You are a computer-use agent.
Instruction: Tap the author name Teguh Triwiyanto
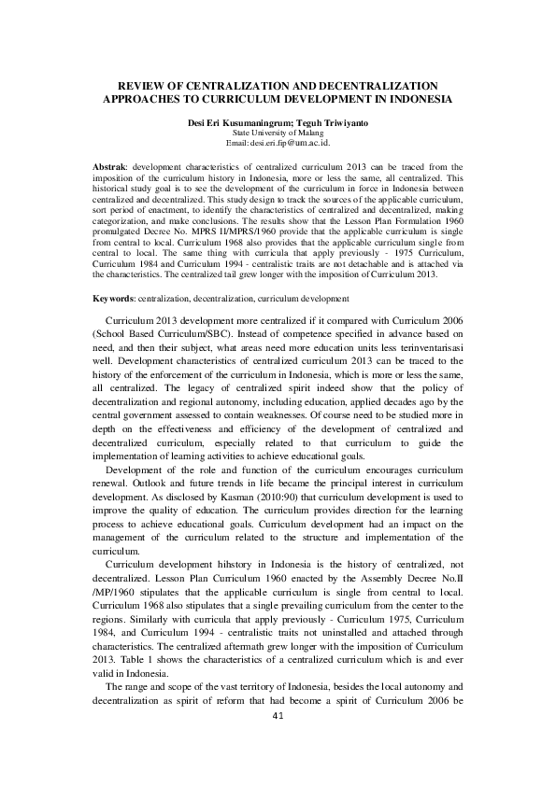(322, 123)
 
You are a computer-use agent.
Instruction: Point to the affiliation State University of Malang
(278, 134)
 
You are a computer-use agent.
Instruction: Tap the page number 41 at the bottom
(278, 715)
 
